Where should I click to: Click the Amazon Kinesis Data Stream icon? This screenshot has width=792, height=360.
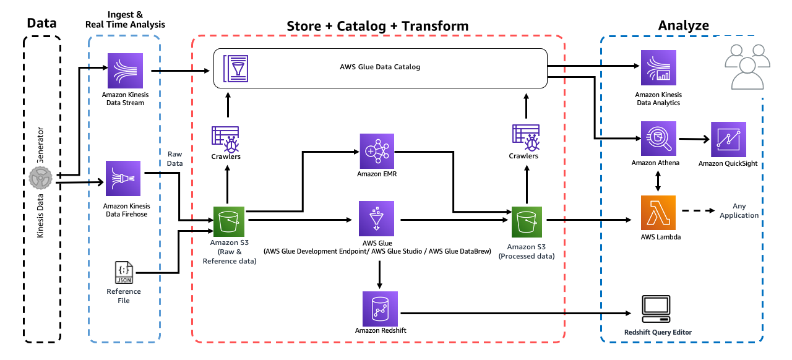click(125, 71)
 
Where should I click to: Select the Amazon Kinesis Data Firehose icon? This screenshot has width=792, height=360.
click(123, 178)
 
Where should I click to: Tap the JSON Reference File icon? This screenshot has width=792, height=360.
click(124, 272)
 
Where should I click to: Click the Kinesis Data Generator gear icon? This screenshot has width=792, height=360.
click(41, 178)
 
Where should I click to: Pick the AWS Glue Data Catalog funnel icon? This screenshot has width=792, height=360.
click(236, 68)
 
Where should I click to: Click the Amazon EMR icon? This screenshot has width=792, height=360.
click(377, 151)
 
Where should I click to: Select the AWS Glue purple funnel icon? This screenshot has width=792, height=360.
click(377, 218)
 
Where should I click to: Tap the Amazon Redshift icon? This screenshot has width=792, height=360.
click(380, 309)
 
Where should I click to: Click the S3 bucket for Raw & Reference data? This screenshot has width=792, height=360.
click(229, 221)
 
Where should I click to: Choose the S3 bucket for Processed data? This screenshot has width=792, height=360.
click(527, 222)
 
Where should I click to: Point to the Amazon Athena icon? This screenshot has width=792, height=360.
click(658, 139)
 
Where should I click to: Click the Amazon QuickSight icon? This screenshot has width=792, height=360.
click(728, 139)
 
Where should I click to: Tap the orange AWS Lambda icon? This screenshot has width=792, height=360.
click(658, 213)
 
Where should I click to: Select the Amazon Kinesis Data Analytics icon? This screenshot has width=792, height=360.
click(658, 67)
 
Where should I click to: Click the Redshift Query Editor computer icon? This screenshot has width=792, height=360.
click(656, 309)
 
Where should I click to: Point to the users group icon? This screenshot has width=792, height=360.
click(747, 67)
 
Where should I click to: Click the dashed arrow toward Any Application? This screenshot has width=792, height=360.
click(699, 211)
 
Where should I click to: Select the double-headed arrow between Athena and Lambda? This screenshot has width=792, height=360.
click(658, 181)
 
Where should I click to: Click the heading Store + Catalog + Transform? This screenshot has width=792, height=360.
click(377, 26)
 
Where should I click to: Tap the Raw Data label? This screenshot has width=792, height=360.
click(174, 158)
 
